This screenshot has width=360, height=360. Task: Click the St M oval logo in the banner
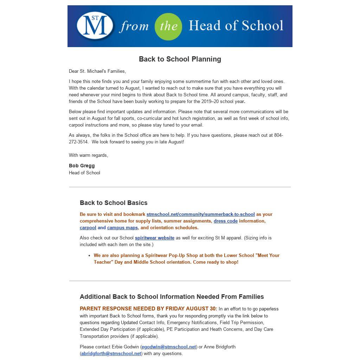click(95, 26)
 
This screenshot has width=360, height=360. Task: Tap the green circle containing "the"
click(168, 26)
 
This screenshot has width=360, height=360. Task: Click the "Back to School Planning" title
click(180, 59)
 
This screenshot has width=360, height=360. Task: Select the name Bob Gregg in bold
click(82, 166)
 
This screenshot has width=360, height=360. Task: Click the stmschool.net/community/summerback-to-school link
click(200, 214)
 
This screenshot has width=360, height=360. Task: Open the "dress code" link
click(226, 221)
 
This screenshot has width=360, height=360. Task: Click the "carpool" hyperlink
click(88, 227)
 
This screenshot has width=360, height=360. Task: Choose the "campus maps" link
click(122, 227)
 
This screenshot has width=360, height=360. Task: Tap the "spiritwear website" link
click(155, 238)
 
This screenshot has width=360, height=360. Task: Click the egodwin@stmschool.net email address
click(169, 347)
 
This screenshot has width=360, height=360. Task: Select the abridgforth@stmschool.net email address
click(111, 353)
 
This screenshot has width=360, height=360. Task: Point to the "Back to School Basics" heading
click(114, 203)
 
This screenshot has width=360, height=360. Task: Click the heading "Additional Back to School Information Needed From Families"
click(172, 297)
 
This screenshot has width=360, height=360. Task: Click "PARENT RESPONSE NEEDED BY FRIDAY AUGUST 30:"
click(148, 309)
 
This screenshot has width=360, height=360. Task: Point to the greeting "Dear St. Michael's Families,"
click(97, 71)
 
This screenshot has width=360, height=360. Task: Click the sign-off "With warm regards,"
click(89, 155)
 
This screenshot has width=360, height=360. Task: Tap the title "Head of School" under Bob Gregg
click(84, 173)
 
